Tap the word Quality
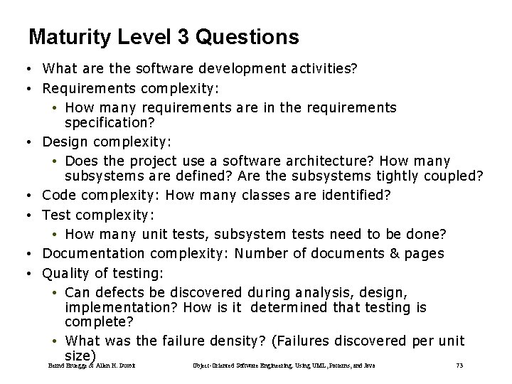[65, 272]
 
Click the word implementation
[120, 307]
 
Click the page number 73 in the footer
[459, 366]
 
